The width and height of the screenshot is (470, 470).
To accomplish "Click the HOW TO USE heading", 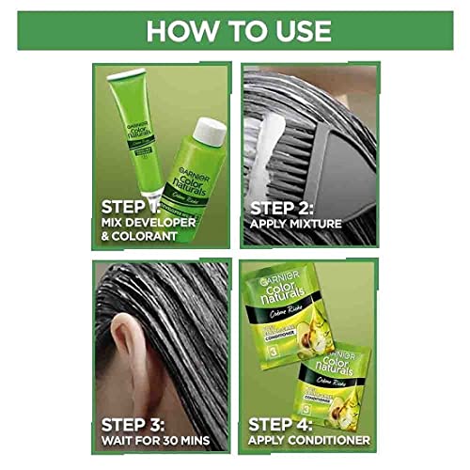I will (x=235, y=30).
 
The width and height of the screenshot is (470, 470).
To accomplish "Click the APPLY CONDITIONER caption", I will (x=310, y=439).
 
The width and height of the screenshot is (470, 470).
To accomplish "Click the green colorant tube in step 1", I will (x=136, y=132).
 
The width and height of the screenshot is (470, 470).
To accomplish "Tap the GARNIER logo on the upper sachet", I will (x=273, y=276).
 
